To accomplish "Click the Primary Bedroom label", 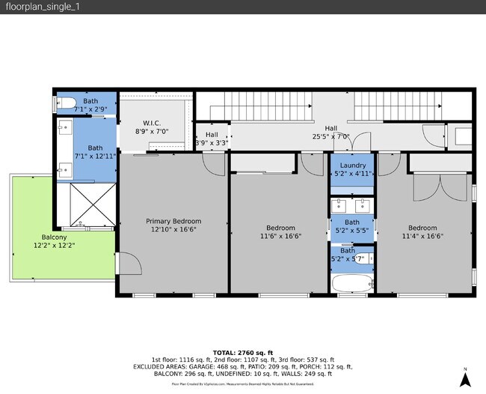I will pyautogui.click(x=173, y=221).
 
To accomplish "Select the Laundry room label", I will pyautogui.click(x=352, y=165).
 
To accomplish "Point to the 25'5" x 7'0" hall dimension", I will pyautogui.click(x=330, y=137).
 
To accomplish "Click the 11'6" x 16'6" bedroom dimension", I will pyautogui.click(x=280, y=236).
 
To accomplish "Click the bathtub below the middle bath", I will pyautogui.click(x=351, y=283).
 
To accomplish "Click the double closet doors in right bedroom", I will pyautogui.click(x=431, y=188).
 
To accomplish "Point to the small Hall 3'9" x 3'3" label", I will pyautogui.click(x=212, y=139).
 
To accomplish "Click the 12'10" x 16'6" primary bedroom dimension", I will pyautogui.click(x=173, y=230).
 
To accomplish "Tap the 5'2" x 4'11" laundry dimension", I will pyautogui.click(x=352, y=174).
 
